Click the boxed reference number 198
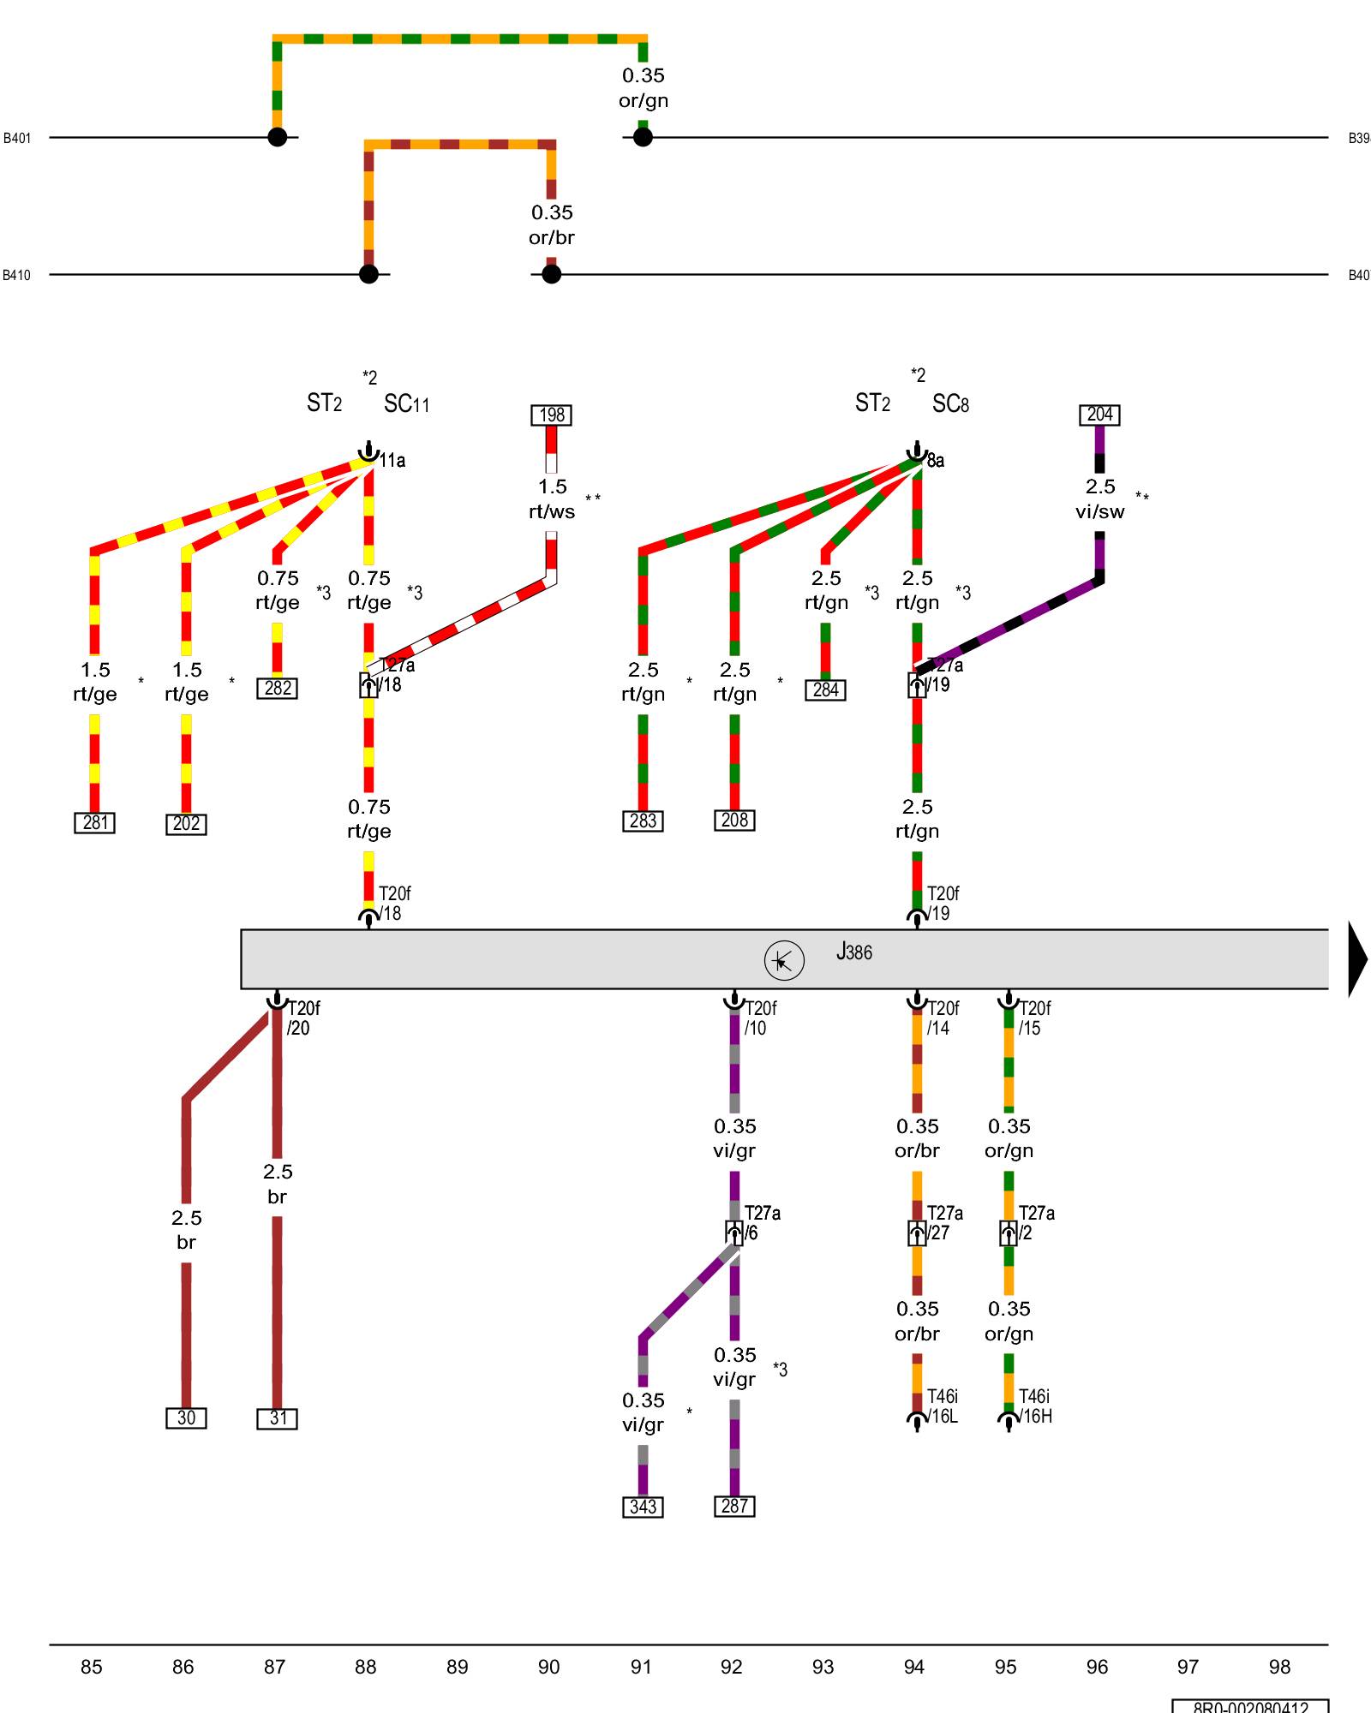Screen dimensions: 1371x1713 (551, 415)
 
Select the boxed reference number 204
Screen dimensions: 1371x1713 (1099, 415)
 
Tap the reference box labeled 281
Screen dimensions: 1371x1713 (94, 823)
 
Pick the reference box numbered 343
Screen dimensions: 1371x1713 (643, 1507)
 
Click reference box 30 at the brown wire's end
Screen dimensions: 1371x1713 (186, 1418)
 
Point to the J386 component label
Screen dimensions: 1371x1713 (854, 952)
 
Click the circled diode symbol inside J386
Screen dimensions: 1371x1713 (783, 960)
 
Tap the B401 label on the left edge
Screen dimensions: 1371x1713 (17, 138)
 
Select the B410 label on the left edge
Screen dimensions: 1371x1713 (17, 275)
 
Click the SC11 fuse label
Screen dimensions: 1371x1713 (406, 403)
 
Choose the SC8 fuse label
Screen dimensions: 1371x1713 (950, 403)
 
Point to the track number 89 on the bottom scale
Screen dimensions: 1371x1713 (457, 1667)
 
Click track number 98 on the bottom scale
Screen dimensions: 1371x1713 (1279, 1667)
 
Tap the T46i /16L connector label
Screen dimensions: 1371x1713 (942, 1406)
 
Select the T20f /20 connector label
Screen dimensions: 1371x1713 (302, 1018)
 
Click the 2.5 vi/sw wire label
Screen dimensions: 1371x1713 (1100, 498)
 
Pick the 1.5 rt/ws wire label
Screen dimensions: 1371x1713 (552, 498)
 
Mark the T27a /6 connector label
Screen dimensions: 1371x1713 (762, 1223)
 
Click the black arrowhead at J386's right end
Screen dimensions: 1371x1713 (1359, 959)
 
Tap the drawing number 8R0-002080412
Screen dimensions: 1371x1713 (1250, 1706)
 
